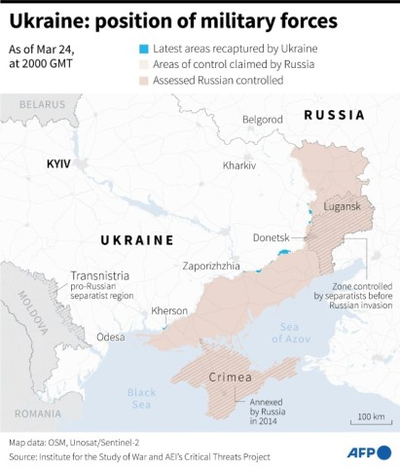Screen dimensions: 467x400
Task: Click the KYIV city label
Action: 59,164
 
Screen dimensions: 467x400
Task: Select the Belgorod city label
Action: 262,119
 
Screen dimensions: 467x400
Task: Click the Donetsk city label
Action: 271,237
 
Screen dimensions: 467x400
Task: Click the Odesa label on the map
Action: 110,337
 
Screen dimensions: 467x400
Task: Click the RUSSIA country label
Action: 335,115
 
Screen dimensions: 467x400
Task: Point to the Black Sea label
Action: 141,399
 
